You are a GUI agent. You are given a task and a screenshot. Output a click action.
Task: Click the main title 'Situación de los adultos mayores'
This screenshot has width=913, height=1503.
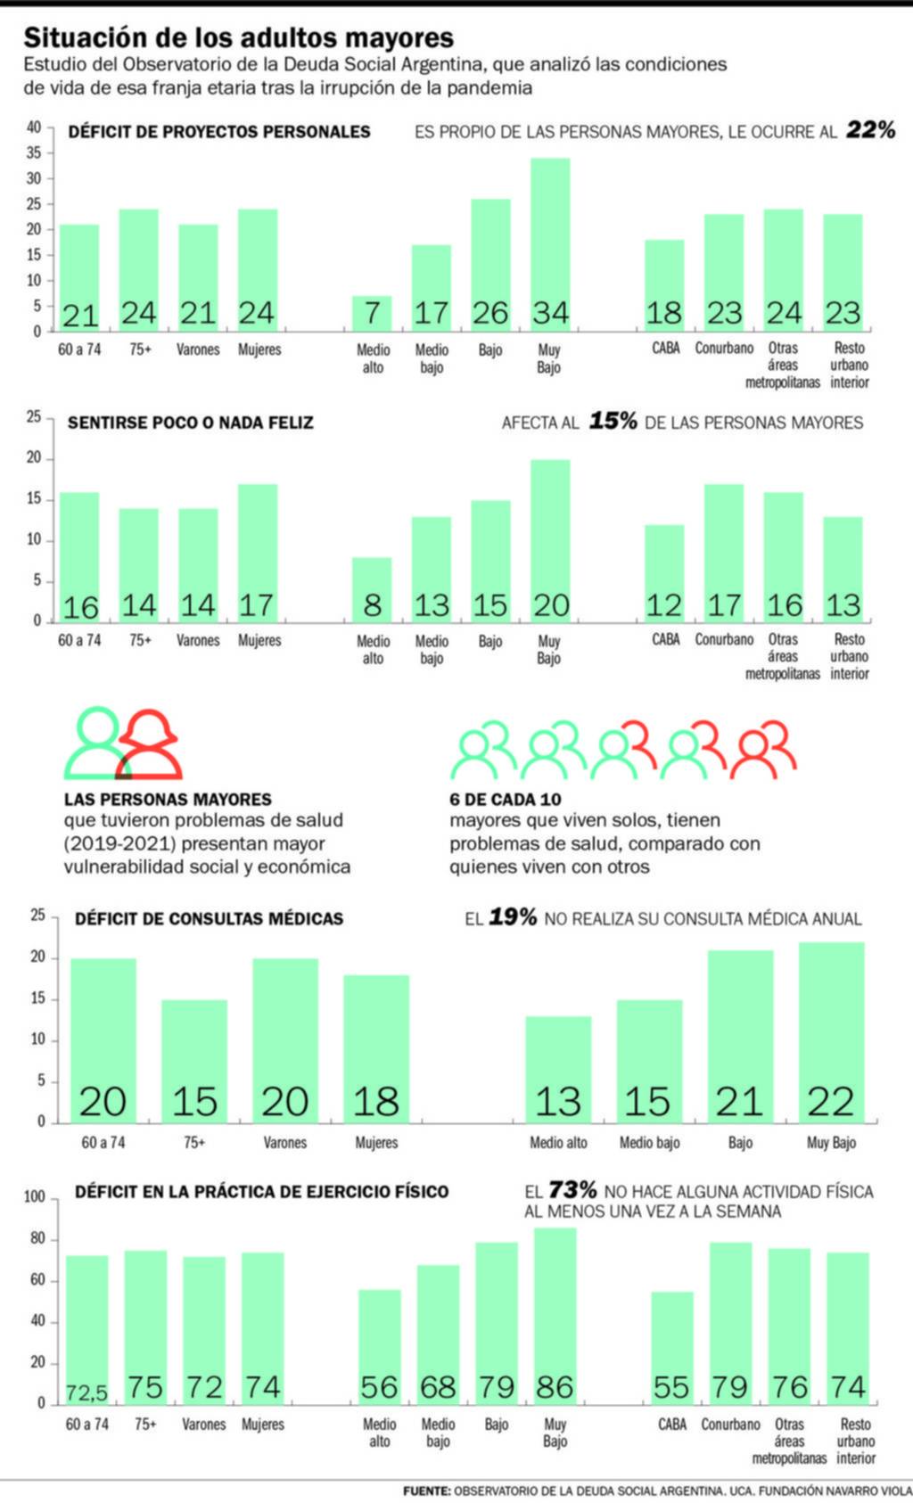pos(238,37)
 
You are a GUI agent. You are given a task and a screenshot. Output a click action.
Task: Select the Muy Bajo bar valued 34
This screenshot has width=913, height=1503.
pos(550,244)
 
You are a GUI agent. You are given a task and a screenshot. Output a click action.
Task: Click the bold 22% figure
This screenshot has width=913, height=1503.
pos(870,130)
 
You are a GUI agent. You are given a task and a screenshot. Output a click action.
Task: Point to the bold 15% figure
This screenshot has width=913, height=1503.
pos(613,422)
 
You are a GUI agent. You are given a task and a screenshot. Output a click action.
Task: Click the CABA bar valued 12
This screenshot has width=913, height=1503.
pos(664,572)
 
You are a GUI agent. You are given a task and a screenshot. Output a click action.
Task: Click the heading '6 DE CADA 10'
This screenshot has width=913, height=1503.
pos(505,800)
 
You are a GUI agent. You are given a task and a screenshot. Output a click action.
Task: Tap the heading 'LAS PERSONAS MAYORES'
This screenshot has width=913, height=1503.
pos(168,800)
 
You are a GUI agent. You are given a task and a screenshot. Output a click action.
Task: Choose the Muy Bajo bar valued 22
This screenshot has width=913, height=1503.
pos(831,1032)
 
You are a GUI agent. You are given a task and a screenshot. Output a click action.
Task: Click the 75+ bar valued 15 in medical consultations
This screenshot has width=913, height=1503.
pos(194,1061)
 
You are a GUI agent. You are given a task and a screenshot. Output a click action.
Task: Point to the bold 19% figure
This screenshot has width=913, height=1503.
pos(513,918)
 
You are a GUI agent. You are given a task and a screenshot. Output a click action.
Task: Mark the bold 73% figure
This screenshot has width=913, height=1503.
pos(572,1190)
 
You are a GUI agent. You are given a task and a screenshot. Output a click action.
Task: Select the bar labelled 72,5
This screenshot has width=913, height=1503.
pos(86,1328)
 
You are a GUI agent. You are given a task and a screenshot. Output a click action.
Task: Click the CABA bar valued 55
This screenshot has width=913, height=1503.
pos(671,1346)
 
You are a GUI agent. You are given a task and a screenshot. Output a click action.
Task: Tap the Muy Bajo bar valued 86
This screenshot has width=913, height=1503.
pos(555,1315)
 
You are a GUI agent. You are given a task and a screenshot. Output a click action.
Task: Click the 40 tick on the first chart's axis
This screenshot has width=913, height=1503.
pos(34,127)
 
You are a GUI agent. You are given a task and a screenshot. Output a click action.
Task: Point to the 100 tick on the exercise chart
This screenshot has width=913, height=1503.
pos(34,1197)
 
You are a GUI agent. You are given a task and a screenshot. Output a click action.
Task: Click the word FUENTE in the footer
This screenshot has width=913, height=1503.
pos(426,1491)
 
